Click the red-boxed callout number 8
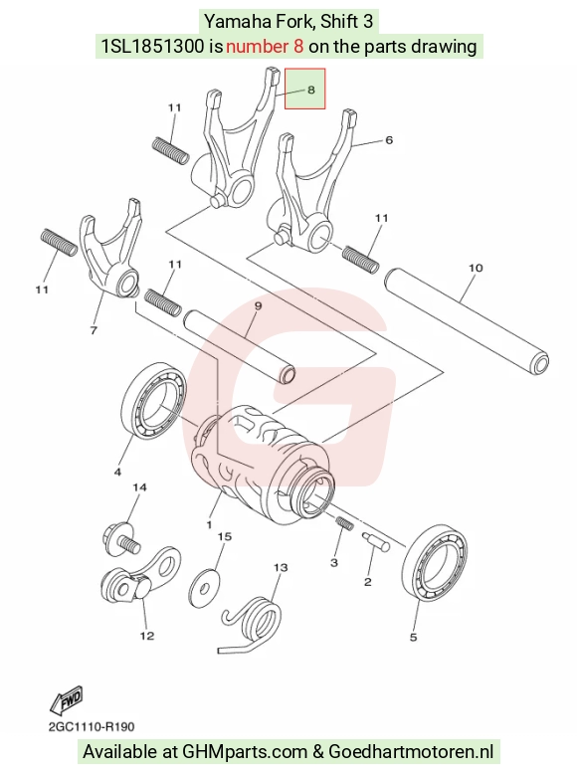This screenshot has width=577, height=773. pyautogui.click(x=310, y=90)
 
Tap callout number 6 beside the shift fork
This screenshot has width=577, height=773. pyautogui.click(x=389, y=140)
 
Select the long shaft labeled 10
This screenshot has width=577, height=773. pyautogui.click(x=466, y=320)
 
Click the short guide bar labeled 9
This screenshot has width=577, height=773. pyautogui.click(x=240, y=345)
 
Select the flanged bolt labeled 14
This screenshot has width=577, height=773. pyautogui.click(x=122, y=539)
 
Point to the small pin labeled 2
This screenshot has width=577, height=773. pyautogui.click(x=376, y=541)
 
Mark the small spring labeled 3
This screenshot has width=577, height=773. pyautogui.click(x=345, y=523)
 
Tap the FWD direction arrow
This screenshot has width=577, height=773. pyautogui.click(x=66, y=700)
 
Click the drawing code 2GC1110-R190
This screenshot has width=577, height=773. pyautogui.click(x=92, y=726)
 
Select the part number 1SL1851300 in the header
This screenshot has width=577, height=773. pyautogui.click(x=152, y=47)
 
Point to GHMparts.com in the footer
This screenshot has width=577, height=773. pyautogui.click(x=244, y=752)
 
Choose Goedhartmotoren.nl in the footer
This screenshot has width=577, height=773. pyautogui.click(x=411, y=751)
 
